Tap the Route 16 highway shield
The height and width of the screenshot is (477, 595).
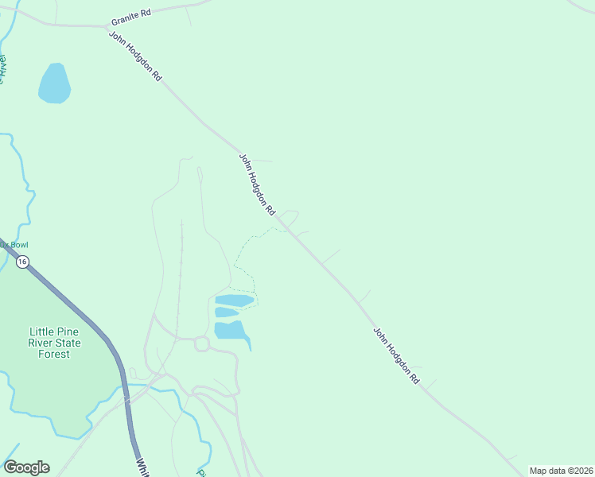[x=21, y=262]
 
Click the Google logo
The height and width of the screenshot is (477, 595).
[x=26, y=467]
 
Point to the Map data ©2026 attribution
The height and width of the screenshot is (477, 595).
[x=562, y=471]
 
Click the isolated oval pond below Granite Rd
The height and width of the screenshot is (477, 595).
[x=54, y=83]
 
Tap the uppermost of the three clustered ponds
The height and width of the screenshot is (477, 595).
[x=235, y=300]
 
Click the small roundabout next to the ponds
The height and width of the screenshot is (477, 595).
[x=200, y=343]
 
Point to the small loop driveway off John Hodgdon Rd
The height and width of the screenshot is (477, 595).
[x=288, y=217]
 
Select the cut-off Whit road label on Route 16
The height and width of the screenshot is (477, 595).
[x=142, y=467]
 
